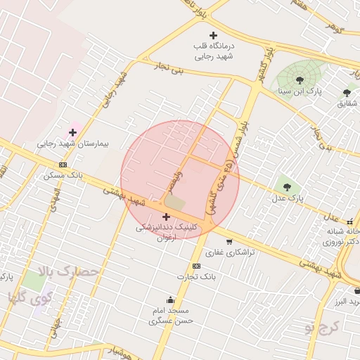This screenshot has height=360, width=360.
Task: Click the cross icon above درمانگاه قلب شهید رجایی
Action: tap(214, 35)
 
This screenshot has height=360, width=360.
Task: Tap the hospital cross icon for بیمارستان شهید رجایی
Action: tap(72, 132)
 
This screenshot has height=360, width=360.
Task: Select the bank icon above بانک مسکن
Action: tap(63, 165)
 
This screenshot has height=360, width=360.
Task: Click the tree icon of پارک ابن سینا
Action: tap(300, 80)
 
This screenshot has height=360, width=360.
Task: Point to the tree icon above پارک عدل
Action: tap(286, 186)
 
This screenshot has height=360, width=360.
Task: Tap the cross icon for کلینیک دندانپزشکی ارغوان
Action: tap(166, 217)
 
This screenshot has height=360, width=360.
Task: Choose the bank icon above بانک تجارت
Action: tap(196, 266)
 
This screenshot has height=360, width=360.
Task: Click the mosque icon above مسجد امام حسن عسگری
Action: tap(169, 299)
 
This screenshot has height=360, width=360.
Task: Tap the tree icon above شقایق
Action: tap(347, 92)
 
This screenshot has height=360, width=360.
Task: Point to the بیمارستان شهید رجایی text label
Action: tap(74, 143)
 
